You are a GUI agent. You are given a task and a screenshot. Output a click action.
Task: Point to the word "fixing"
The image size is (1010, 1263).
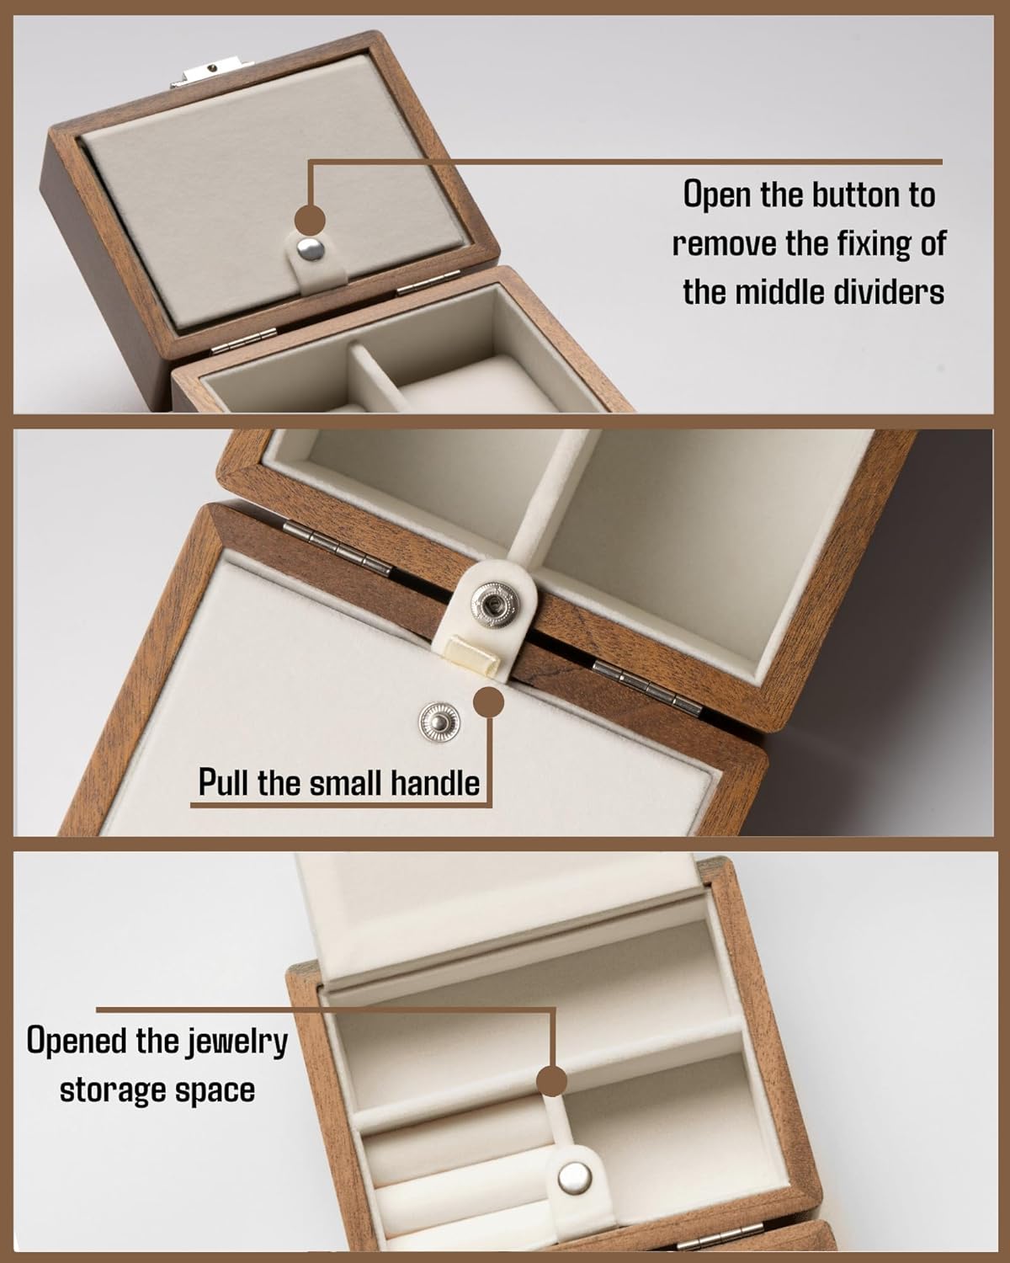click(874, 243)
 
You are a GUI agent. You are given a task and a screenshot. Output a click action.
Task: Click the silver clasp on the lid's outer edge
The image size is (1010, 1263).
click(212, 72)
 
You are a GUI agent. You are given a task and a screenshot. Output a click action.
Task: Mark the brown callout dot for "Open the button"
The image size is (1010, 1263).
click(310, 220)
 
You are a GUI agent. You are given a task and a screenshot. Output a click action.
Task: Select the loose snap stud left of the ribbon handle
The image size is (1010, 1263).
click(439, 722)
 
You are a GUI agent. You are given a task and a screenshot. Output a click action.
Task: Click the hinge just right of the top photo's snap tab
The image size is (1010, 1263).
click(428, 282)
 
